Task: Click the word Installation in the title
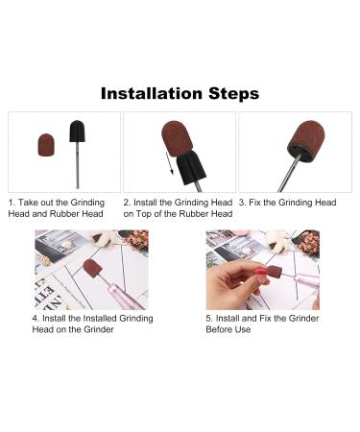pyautogui.click(x=152, y=94)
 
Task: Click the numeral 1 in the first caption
pyautogui.click(x=12, y=204)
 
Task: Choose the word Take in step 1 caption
pyautogui.click(x=30, y=204)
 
